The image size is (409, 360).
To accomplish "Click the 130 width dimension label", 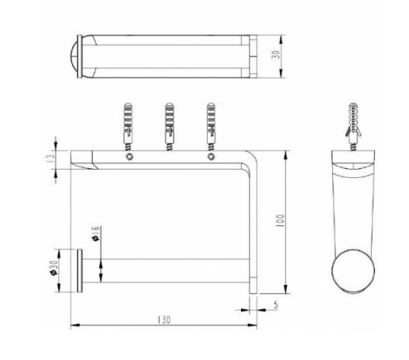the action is pyautogui.click(x=163, y=320).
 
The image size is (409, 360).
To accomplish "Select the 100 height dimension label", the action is pyautogui.click(x=280, y=221).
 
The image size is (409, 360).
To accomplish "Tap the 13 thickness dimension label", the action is pyautogui.click(x=52, y=156).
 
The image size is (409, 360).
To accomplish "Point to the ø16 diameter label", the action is pyautogui.click(x=96, y=233).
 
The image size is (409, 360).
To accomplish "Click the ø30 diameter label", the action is pyautogui.click(x=53, y=268).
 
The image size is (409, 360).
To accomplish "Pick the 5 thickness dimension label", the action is pyautogui.click(x=276, y=305).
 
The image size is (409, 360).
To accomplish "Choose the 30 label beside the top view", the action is pyautogui.click(x=276, y=54).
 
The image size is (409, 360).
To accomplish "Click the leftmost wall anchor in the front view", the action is pyautogui.click(x=128, y=127).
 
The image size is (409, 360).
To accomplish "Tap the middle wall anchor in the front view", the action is pyautogui.click(x=170, y=127).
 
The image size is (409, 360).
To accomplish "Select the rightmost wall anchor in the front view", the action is pyautogui.click(x=211, y=127).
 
